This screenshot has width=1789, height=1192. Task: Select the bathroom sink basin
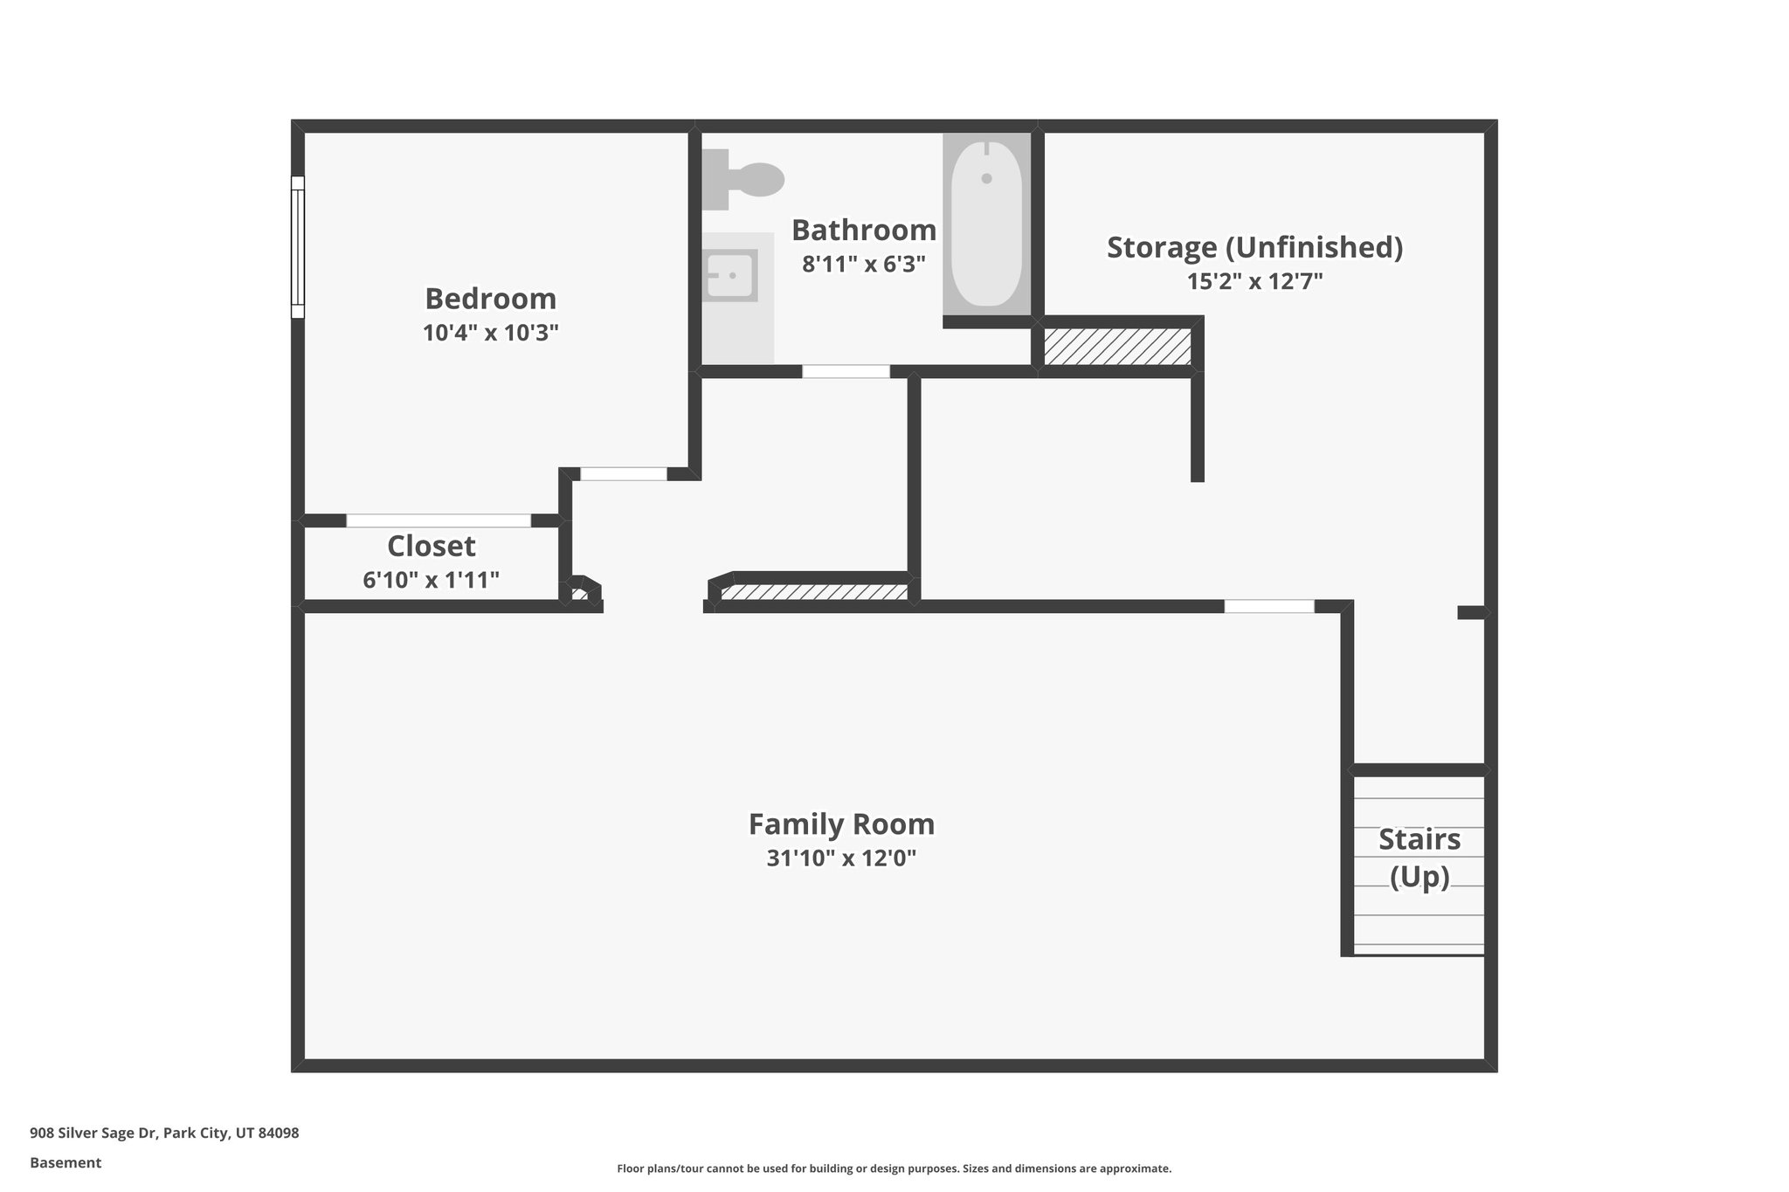tap(730, 275)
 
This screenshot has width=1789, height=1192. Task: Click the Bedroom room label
tap(490, 299)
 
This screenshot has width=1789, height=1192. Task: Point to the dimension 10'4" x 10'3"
tap(490, 333)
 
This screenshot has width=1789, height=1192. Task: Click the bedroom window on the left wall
tap(298, 246)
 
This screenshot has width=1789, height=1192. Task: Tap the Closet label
tap(431, 546)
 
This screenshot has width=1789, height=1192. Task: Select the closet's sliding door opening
tap(438, 520)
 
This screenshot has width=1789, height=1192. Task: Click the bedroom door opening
tap(624, 474)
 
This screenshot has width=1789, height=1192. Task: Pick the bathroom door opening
tap(846, 371)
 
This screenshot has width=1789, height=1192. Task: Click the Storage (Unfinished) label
tap(1254, 247)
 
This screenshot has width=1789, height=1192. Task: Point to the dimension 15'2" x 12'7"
tap(1254, 281)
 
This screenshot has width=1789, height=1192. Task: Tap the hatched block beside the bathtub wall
tap(1117, 347)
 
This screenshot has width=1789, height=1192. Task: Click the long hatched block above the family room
tap(814, 592)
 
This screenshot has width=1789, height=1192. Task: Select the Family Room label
tap(841, 824)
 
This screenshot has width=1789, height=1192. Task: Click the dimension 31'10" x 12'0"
tap(841, 858)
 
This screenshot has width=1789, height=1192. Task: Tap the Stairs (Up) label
tap(1419, 857)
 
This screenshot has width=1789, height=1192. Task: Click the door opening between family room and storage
tap(1268, 606)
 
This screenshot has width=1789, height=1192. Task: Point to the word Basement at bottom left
tap(66, 1162)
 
